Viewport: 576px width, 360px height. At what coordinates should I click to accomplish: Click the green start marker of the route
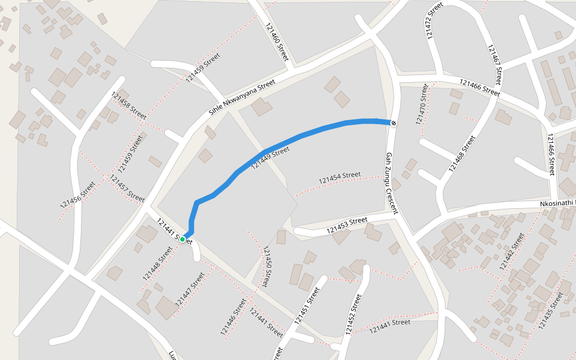pos(182,239)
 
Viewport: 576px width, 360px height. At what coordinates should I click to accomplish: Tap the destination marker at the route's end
pos(393,123)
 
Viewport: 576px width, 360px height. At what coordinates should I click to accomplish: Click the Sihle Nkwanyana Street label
pos(242,98)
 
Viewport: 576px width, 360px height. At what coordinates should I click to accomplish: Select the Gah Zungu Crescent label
pos(391,183)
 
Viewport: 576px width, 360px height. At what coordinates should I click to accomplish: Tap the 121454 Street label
pos(340,178)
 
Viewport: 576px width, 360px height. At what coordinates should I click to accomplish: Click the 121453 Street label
pos(347,225)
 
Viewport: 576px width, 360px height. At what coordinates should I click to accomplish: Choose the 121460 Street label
pos(276,41)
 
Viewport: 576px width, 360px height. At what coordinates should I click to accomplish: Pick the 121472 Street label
pos(433,21)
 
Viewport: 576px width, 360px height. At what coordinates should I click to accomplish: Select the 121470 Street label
pos(422,104)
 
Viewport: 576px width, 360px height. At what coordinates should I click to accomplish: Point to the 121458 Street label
pos(129,106)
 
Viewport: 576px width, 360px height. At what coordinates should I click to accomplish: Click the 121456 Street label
pos(77,195)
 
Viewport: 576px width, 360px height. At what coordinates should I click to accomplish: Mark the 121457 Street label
pos(127,188)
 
